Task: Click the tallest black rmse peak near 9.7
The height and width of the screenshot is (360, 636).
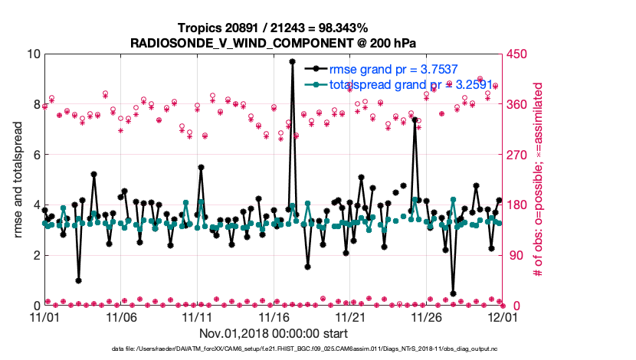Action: (292, 61)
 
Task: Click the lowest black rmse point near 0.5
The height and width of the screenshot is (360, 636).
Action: (454, 293)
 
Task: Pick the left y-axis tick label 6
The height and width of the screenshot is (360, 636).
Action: (34, 155)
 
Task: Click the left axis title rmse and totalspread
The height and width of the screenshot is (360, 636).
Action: (18, 180)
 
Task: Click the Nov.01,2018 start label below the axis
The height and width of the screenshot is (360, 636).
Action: (274, 333)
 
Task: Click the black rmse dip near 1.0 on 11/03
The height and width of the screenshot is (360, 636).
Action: (78, 280)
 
